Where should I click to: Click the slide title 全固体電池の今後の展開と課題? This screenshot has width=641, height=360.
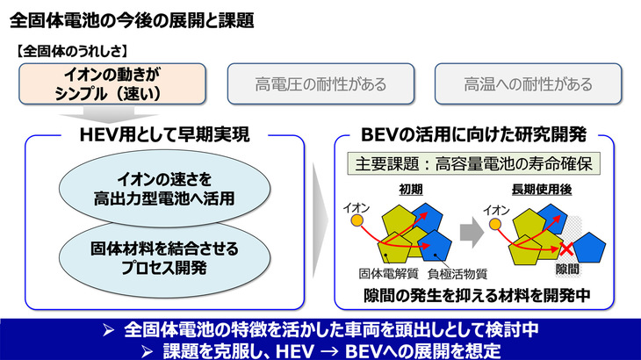tap(132, 19)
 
